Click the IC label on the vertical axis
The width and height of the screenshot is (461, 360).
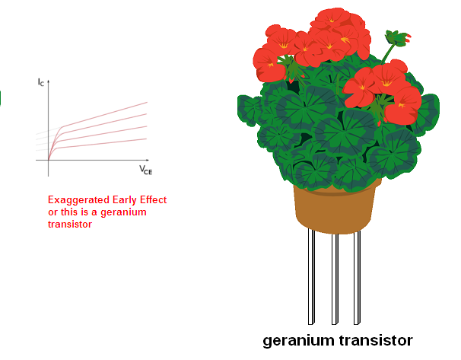[41, 82]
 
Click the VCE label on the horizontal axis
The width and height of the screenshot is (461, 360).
[145, 170]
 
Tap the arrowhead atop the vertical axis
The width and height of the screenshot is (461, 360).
[48, 81]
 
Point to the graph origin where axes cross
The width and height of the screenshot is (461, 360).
[48, 161]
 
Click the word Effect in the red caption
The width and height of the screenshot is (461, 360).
[153, 199]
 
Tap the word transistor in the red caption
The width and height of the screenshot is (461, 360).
[70, 224]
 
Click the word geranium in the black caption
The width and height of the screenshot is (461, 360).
[298, 341]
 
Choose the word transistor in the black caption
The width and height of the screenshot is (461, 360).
[376, 340]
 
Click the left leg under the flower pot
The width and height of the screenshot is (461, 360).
[311, 277]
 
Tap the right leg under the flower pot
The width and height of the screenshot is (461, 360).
[357, 278]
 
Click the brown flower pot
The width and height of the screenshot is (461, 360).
[335, 209]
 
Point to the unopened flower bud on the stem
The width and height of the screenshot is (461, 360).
[398, 37]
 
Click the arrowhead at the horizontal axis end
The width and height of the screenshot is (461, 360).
[148, 161]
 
